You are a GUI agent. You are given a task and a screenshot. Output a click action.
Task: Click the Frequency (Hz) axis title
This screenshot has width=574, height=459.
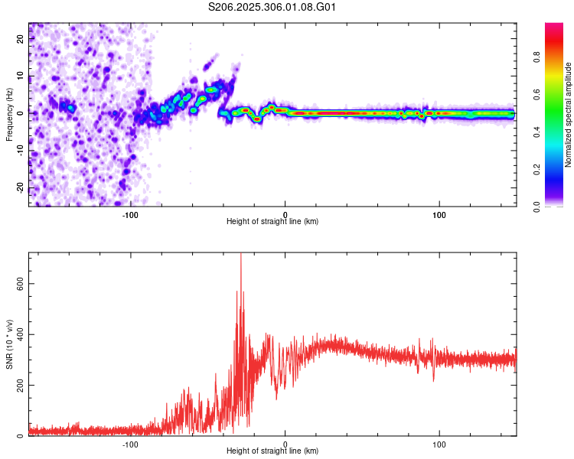point(9,114)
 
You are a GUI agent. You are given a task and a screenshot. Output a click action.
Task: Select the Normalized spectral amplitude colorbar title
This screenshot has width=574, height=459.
point(569,115)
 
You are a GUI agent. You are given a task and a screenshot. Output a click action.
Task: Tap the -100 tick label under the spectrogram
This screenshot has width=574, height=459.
point(130,213)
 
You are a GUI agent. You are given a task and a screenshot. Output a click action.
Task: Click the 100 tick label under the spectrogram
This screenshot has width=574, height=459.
point(439,213)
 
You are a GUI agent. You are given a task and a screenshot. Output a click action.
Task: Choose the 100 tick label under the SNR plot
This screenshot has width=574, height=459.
point(439,444)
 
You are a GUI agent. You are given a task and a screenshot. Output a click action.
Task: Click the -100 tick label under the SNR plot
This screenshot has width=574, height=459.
point(130,444)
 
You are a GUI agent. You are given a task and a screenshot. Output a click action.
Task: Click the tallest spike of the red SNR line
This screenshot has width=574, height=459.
point(241,257)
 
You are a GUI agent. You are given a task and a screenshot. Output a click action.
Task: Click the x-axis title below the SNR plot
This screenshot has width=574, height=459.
point(272,451)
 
